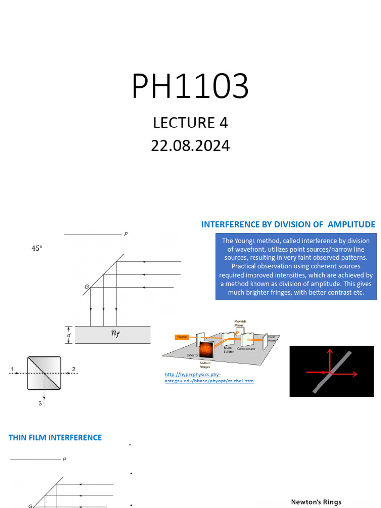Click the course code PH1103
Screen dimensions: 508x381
tap(190, 86)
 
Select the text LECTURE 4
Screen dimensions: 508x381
tap(190, 123)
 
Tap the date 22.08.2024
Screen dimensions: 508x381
tap(190, 146)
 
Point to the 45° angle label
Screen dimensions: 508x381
tap(37, 248)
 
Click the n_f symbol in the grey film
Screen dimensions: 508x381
tap(115, 334)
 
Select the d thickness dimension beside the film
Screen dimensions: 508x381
tap(68, 335)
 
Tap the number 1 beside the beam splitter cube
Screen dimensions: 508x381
tap(10, 369)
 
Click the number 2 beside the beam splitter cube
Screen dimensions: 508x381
tap(73, 369)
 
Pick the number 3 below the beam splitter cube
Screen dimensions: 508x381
tap(40, 403)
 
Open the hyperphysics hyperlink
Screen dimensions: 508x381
tap(209, 377)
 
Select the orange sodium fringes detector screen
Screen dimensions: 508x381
tap(207, 351)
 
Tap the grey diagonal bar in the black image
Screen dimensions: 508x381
tap(332, 372)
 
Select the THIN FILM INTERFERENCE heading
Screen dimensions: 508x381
tap(55, 438)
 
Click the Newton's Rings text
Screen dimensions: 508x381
tap(316, 502)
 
